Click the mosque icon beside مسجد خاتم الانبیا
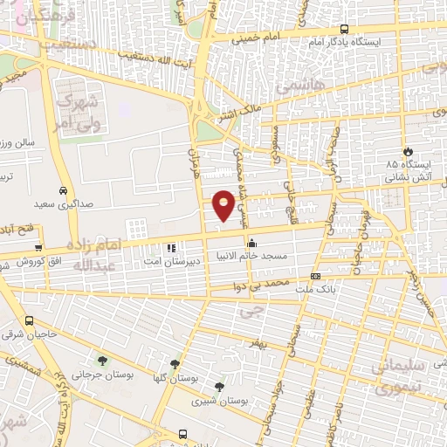(x=253, y=243)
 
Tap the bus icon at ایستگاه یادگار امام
(x=344, y=28)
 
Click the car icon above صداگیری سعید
(x=63, y=189)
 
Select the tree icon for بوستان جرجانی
(x=104, y=361)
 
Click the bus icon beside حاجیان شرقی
(x=31, y=320)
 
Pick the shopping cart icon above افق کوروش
(x=38, y=248)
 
